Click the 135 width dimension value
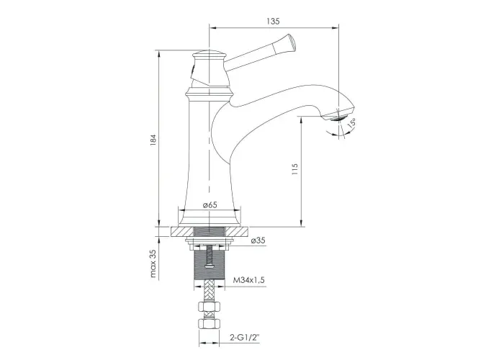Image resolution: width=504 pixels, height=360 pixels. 273,21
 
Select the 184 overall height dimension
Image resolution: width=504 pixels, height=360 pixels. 153,140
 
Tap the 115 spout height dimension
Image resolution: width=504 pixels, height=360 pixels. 294,169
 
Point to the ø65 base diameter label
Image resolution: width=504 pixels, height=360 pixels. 210,204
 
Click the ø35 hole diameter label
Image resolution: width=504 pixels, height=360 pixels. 258,240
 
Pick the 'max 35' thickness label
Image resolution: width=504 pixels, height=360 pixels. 153,264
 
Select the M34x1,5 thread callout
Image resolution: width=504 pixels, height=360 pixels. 249,280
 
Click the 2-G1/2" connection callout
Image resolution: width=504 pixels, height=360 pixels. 244,338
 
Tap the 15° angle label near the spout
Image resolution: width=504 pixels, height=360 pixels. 351,122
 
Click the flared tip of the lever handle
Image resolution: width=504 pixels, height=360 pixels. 291,42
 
